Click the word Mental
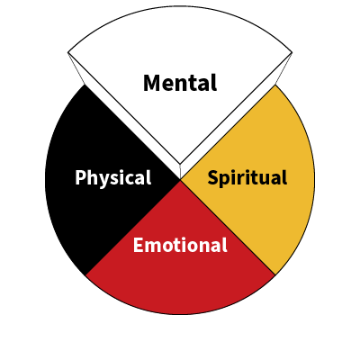pos(180,83)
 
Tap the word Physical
pos(113,178)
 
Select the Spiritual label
pos(247,178)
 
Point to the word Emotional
pos(180,245)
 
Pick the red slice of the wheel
pos(180,264)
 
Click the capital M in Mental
pos(151,83)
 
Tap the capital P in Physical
pos(80,177)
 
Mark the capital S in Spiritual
pos(213,177)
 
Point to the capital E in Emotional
pos(139,245)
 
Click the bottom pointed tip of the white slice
pos(180,165)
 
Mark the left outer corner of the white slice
pos(68,53)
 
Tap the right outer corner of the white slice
pos(292,53)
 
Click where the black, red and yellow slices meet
pos(180,180)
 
